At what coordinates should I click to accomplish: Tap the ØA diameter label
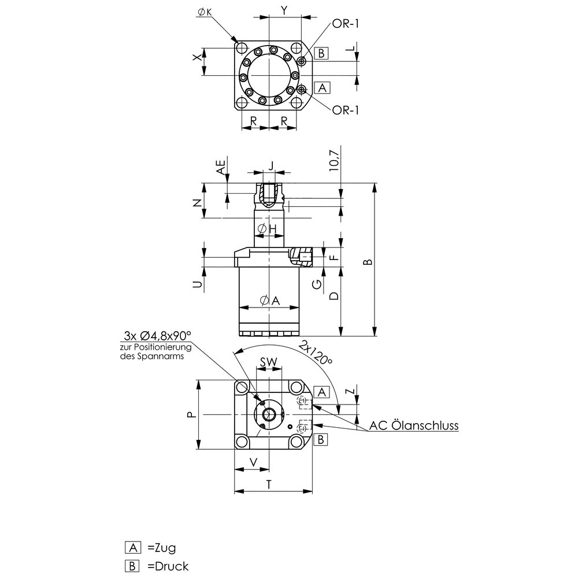(269, 299)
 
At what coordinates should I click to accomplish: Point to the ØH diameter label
(266, 229)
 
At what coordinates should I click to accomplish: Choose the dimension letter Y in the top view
(284, 10)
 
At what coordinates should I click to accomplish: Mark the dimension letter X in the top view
(197, 58)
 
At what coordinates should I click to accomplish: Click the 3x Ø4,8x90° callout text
(157, 336)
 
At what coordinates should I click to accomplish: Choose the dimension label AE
(220, 168)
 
